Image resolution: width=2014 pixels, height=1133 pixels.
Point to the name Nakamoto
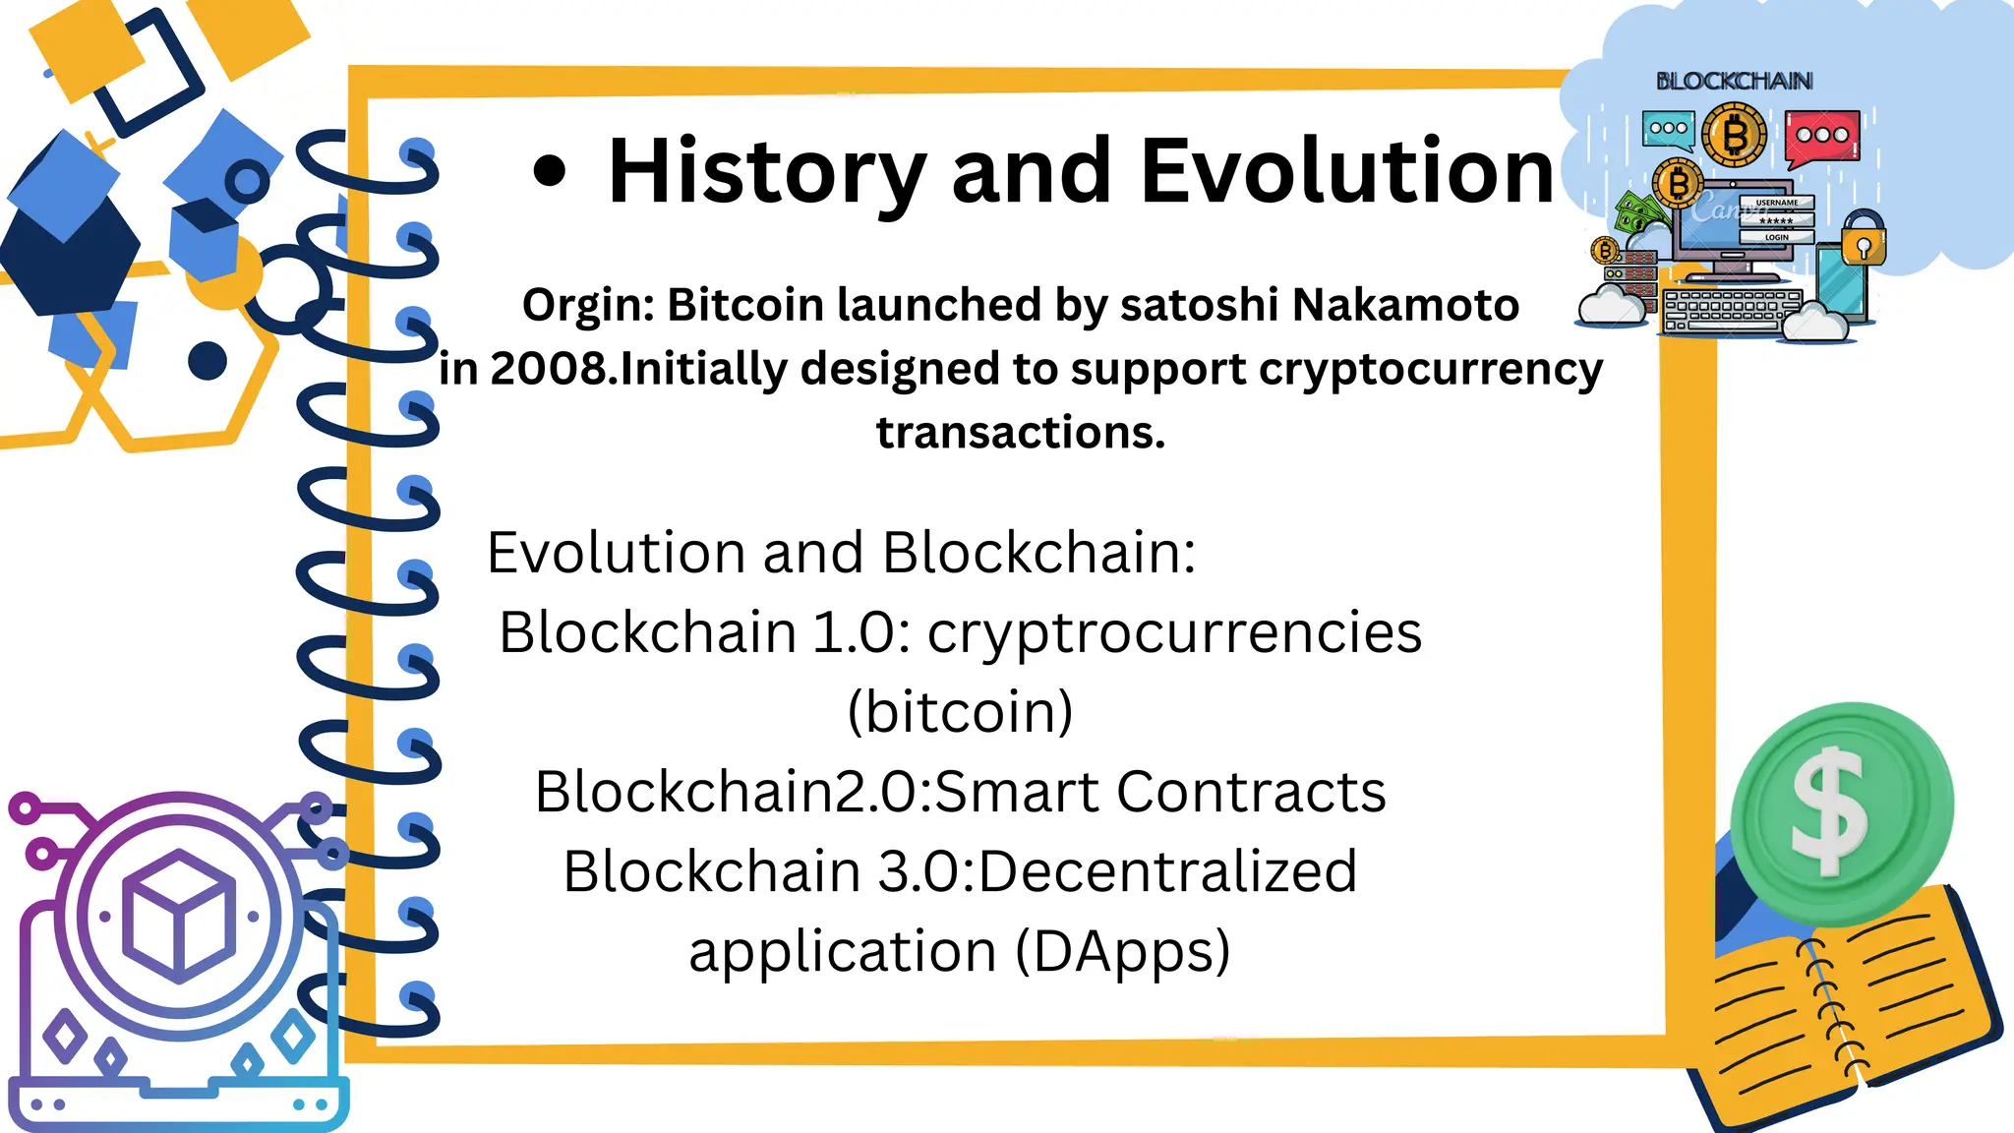(x=1405, y=305)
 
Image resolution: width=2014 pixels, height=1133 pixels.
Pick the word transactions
(x=1021, y=433)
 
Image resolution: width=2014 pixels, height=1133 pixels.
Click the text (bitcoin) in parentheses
(x=960, y=711)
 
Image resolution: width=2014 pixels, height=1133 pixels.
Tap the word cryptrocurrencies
(x=1174, y=631)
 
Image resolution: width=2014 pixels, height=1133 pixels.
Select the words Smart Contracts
(x=1160, y=792)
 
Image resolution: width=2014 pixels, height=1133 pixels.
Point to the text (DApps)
(x=1122, y=951)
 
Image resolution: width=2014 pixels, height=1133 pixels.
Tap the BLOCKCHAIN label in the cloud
(x=1734, y=81)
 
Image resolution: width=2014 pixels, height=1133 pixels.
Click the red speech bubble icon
(x=1822, y=136)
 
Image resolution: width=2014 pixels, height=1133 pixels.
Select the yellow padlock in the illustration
(x=1864, y=238)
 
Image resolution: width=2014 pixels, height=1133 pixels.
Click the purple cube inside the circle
(x=178, y=915)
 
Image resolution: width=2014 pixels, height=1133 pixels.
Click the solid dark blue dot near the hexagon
(x=207, y=361)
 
